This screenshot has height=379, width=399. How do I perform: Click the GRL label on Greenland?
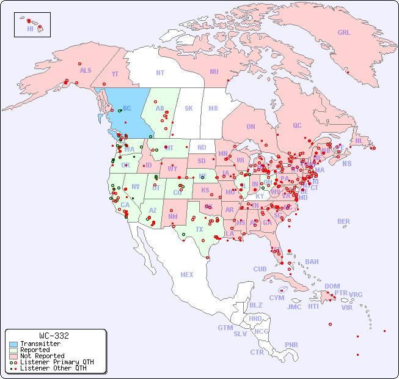(344, 33)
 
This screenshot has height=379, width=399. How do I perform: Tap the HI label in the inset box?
(30, 29)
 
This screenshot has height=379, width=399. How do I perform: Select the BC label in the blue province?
(127, 109)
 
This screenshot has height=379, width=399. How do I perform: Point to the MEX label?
(187, 274)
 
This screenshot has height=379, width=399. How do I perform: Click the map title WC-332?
(54, 336)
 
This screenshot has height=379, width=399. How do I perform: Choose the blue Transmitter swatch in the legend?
(13, 344)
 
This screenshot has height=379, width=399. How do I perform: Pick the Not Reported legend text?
(42, 356)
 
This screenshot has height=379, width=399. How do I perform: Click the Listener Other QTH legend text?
(53, 368)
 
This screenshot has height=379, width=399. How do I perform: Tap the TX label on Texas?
(199, 229)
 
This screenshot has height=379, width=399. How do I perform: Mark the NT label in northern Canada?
(160, 73)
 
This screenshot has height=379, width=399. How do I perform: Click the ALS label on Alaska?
(86, 70)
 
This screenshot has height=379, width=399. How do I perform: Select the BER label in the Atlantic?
(344, 221)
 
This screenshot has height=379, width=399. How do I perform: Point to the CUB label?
(260, 269)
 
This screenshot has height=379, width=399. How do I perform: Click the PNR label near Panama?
(291, 345)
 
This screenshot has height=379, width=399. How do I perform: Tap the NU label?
(214, 72)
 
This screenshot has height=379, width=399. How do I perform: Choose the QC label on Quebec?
(297, 125)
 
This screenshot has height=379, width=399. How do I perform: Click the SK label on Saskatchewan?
(189, 108)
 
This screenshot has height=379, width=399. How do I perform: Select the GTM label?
(225, 328)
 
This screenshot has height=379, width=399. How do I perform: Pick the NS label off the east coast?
(346, 164)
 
